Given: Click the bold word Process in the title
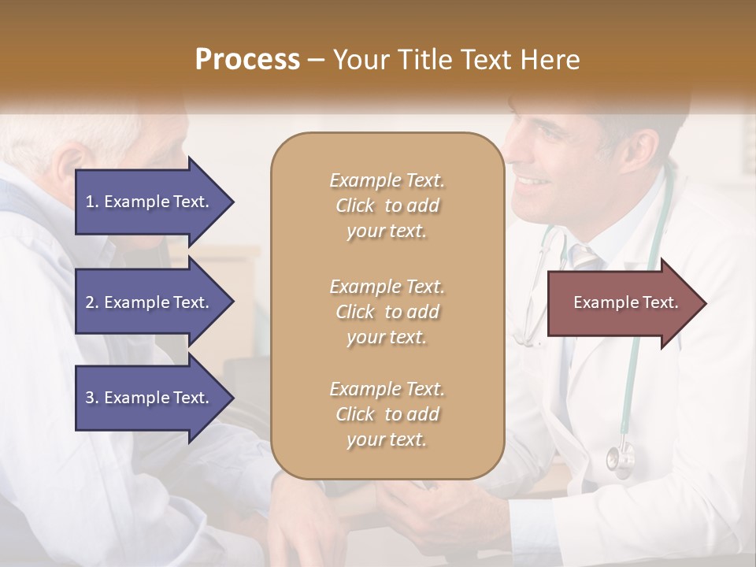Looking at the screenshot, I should tap(247, 59).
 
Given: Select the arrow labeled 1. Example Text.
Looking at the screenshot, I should tap(150, 202).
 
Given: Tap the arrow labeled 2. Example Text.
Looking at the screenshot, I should tap(150, 302).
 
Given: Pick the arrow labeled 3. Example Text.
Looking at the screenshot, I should tap(150, 398).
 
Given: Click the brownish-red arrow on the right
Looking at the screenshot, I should tap(622, 303).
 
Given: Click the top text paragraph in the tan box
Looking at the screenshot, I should tap(387, 206).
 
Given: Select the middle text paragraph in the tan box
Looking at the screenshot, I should tap(387, 312).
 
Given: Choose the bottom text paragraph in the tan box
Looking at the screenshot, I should tap(387, 414).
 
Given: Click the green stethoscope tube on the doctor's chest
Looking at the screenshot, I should tap(630, 370).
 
